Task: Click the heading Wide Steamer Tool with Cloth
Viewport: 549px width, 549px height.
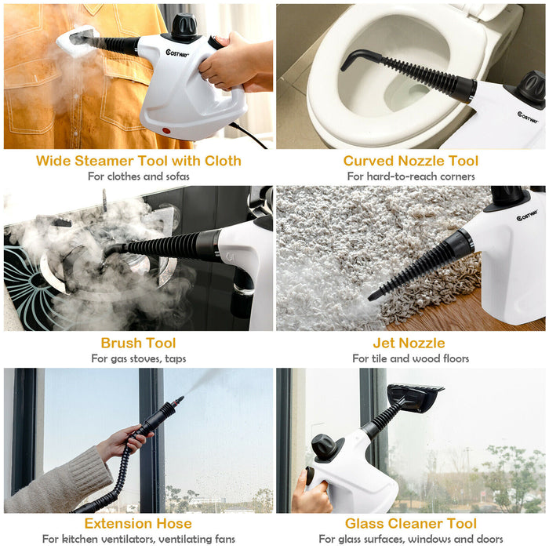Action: click(137, 161)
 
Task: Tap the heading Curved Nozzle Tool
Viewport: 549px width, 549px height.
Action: click(411, 161)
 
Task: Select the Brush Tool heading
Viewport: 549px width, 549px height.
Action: click(138, 343)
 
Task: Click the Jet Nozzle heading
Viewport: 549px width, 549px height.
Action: click(411, 343)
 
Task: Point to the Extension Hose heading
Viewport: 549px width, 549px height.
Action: click(138, 523)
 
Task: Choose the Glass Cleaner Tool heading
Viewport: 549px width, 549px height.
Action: click(411, 523)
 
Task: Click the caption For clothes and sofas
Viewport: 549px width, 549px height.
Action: click(138, 176)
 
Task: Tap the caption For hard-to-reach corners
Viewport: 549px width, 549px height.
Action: click(411, 176)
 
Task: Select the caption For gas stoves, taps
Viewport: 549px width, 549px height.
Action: click(138, 358)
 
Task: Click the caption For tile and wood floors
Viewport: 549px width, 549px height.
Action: click(411, 358)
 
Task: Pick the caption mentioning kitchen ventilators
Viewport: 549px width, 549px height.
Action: click(138, 539)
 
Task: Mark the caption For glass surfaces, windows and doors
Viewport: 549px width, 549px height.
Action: click(411, 539)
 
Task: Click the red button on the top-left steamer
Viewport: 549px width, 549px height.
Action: click(166, 129)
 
